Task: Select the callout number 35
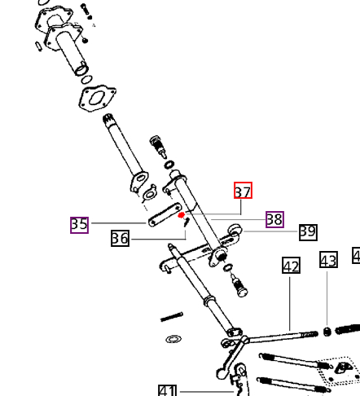tap(79, 225)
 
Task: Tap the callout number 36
tap(120, 238)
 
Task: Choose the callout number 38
tap(274, 219)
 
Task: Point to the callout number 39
tap(308, 232)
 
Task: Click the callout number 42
tap(292, 265)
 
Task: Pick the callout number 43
tap(328, 260)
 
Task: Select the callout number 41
tap(167, 390)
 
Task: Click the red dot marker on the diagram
tap(181, 215)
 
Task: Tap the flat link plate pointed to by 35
tap(165, 214)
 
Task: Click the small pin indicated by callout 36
tap(187, 222)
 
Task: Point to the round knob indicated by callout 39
tap(235, 230)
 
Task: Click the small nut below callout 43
tap(327, 332)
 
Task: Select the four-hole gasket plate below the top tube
tap(97, 99)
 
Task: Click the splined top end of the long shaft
tap(108, 120)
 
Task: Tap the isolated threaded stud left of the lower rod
tap(172, 317)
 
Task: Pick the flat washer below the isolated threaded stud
tap(173, 339)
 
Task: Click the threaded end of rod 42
tap(309, 334)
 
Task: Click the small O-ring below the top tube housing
tap(86, 80)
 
